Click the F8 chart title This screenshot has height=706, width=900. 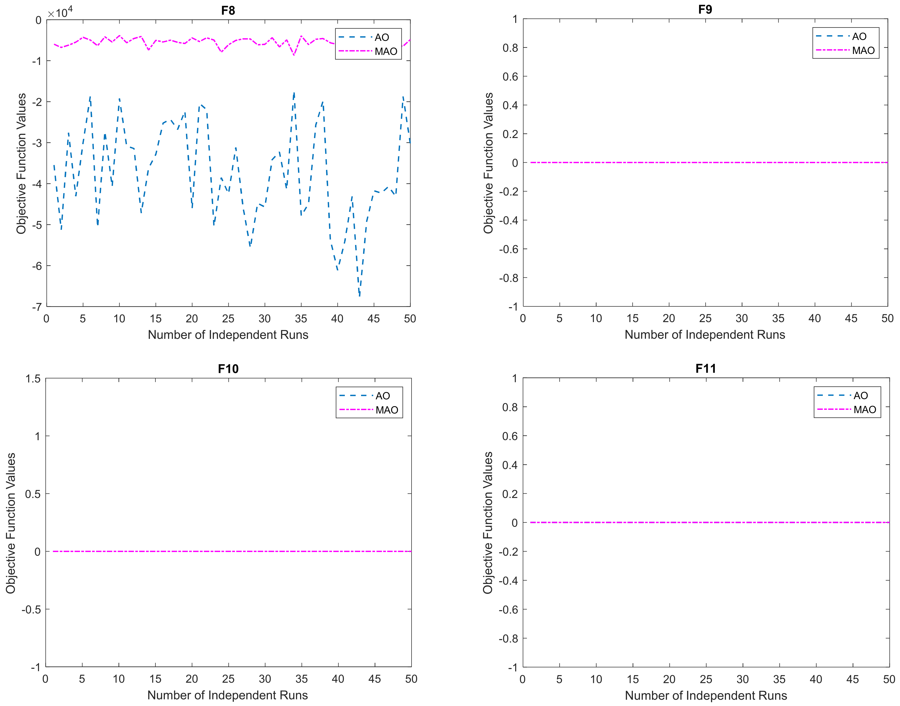[228, 10]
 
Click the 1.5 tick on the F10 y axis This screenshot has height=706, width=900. [33, 379]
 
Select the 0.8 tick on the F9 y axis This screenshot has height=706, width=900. [510, 48]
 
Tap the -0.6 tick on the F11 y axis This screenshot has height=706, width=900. [508, 609]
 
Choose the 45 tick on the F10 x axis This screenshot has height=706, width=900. [375, 679]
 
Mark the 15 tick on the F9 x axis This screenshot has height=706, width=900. [632, 318]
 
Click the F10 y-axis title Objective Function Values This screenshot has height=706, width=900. [11, 523]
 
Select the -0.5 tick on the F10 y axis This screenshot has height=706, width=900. [31, 609]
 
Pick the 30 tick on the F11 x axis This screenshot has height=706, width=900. [743, 679]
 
